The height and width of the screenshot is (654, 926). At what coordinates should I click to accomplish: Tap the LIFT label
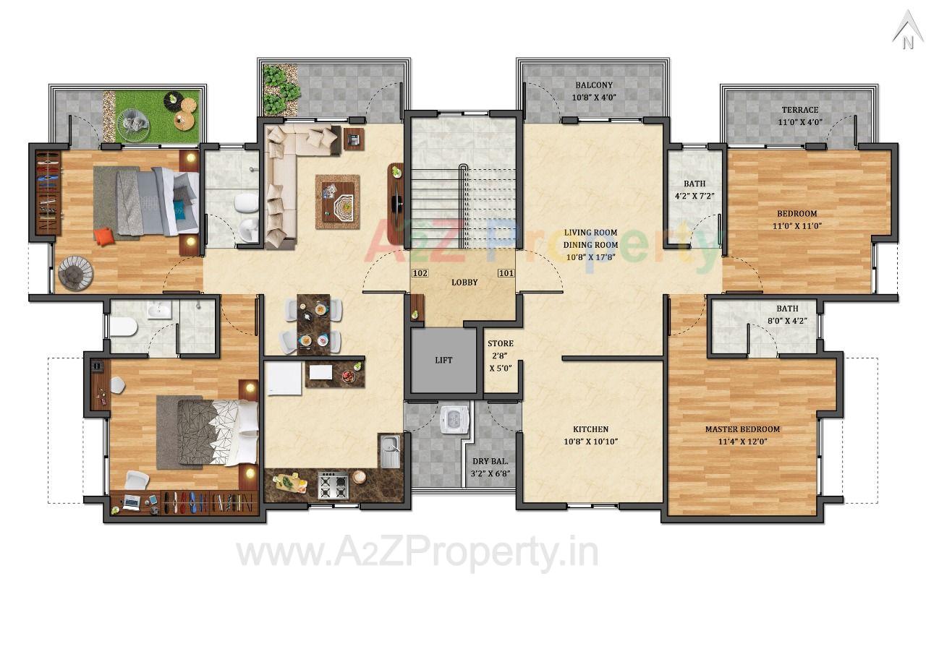[x=444, y=360]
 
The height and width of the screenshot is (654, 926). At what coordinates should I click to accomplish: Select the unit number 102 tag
[x=420, y=274]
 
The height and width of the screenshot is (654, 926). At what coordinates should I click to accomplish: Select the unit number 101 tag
[x=506, y=274]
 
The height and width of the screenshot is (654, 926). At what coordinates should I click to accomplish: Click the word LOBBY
[x=464, y=283]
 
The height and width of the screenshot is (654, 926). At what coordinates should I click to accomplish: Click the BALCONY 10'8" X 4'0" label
[x=593, y=91]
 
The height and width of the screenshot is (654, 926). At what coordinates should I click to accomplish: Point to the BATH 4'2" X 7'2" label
[x=694, y=189]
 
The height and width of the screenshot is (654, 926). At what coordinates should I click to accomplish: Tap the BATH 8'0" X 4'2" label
[x=787, y=314]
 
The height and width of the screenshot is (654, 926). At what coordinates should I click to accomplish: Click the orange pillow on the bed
[x=104, y=237]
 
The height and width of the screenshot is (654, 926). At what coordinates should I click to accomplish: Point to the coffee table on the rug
[x=337, y=202]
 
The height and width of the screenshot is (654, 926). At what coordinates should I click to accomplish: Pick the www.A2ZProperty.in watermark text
[x=417, y=554]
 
